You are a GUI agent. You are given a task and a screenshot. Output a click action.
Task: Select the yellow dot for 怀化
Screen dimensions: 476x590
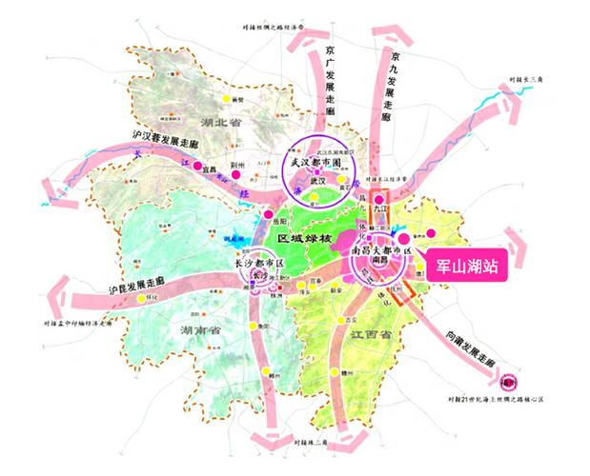142,298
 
